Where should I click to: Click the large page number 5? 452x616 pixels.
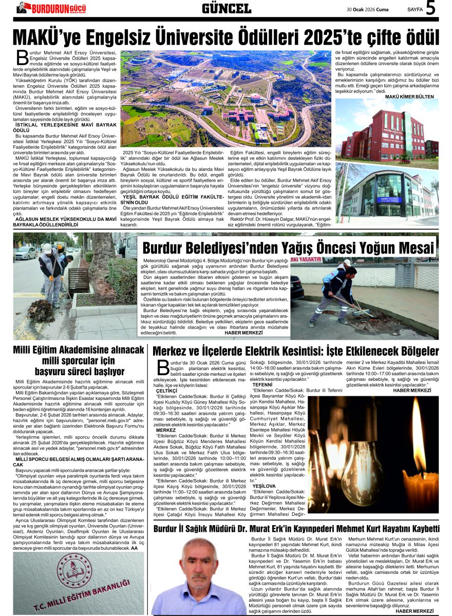click(430, 8)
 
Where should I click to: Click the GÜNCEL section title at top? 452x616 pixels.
click(226, 8)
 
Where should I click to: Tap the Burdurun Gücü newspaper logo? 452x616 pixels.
click(51, 8)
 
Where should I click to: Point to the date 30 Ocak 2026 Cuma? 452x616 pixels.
click(368, 9)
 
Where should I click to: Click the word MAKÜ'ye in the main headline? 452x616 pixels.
click(54, 37)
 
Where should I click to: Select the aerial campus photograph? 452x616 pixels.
click(226, 98)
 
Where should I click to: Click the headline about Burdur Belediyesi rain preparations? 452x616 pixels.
click(288, 248)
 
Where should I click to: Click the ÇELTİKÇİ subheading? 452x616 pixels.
click(166, 391)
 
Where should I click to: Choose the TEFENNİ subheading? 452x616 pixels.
click(262, 384)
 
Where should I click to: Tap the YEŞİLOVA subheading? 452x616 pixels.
click(264, 486)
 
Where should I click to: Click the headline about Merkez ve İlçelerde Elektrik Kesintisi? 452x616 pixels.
click(295, 352)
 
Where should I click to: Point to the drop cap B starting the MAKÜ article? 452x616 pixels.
click(22, 57)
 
